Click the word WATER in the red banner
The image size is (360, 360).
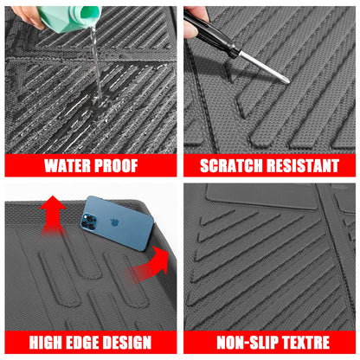click(68, 165)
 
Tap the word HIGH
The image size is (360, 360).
click(49, 343)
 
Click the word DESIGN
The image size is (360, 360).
click(131, 343)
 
